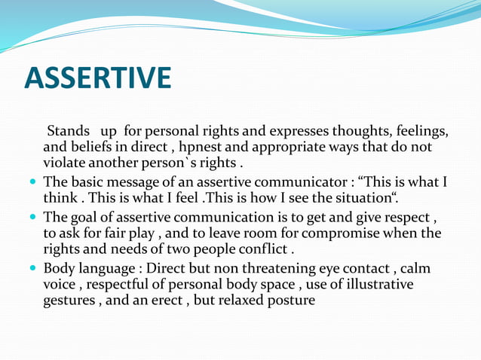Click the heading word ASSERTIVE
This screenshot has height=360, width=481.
pos(98,78)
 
